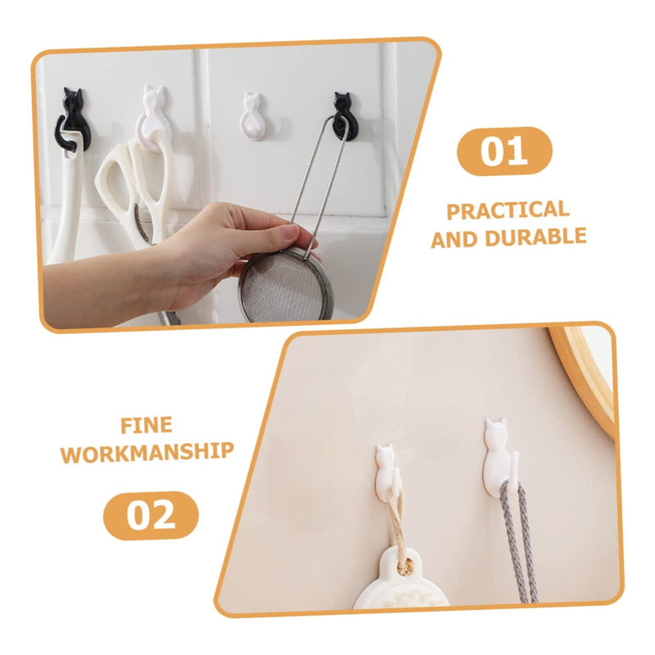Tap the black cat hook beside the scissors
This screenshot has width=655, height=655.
[73, 119]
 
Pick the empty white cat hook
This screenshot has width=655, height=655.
[252, 117]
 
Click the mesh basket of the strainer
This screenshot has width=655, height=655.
[286, 285]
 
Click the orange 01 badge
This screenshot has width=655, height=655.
[504, 151]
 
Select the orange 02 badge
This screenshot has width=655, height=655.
[151, 516]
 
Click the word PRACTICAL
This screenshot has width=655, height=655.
[508, 210]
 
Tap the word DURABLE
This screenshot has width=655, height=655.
[536, 237]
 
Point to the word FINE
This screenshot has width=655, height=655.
[147, 426]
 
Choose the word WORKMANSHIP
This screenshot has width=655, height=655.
[147, 453]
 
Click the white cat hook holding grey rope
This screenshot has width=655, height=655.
[498, 459]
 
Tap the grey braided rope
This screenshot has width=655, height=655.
[518, 543]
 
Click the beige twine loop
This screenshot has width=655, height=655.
[398, 531]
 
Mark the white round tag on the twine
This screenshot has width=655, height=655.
[400, 580]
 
